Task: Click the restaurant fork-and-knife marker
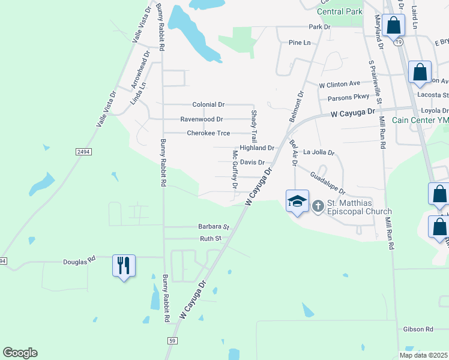pyautogui.click(x=124, y=265)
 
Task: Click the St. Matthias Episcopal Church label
pyautogui.click(x=358, y=207)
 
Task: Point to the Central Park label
pyautogui.click(x=340, y=11)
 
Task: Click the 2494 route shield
pyautogui.click(x=84, y=152)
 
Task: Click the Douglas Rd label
pyautogui.click(x=80, y=262)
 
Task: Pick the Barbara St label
pyautogui.click(x=214, y=227)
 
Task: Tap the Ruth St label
pyautogui.click(x=211, y=238)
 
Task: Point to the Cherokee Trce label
pyautogui.click(x=208, y=133)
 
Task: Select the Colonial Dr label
pyautogui.click(x=208, y=104)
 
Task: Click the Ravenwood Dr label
pyautogui.click(x=202, y=119)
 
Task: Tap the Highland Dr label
pyautogui.click(x=257, y=148)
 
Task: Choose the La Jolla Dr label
pyautogui.click(x=318, y=152)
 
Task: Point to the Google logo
pyautogui.click(x=20, y=353)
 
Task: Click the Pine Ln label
pyautogui.click(x=300, y=43)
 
